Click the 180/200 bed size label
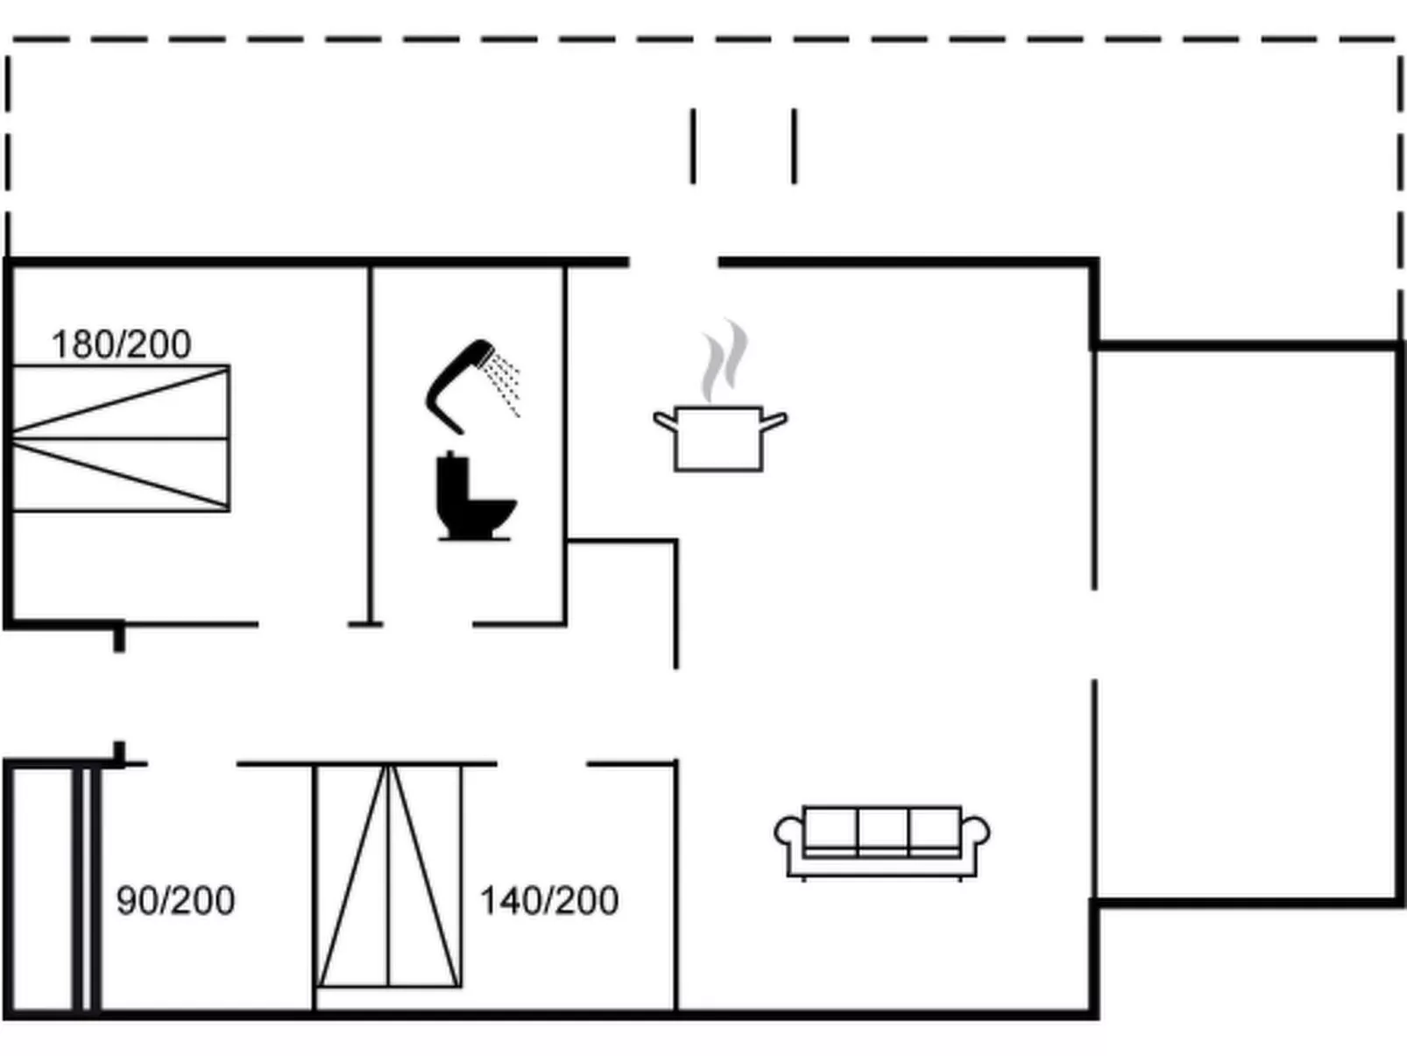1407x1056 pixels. click(121, 344)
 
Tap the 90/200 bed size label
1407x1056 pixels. click(175, 901)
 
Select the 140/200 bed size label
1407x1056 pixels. click(548, 901)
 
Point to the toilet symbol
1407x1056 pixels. click(474, 499)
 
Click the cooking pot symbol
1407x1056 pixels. click(718, 437)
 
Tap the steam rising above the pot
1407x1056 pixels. click(724, 359)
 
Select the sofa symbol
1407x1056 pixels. click(881, 840)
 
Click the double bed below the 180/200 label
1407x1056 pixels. click(121, 438)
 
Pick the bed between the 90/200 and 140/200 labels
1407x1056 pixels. click(388, 876)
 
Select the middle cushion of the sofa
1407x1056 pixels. click(882, 828)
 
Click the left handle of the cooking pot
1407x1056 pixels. click(664, 422)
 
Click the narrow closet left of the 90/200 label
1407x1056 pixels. click(41, 889)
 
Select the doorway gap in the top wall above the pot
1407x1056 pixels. click(673, 262)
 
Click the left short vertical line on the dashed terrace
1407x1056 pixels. click(693, 146)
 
